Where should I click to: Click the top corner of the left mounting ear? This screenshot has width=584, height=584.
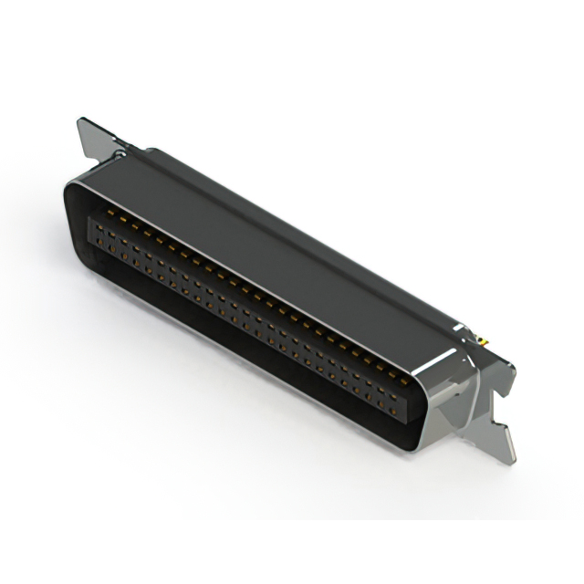pyautogui.click(x=82, y=120)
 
